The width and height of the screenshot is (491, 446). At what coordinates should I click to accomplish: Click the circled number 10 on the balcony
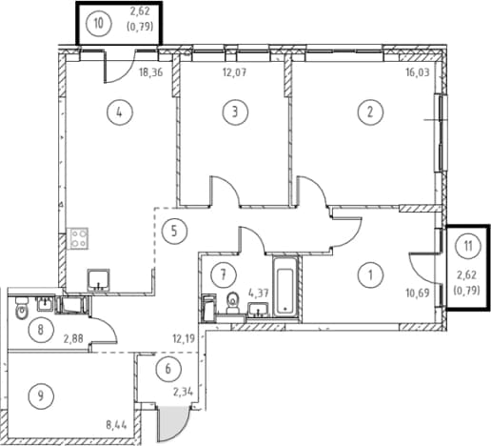click(x=98, y=23)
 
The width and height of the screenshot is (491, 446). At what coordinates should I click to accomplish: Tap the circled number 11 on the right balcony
click(x=468, y=246)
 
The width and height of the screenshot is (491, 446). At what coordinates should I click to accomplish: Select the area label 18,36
click(x=151, y=72)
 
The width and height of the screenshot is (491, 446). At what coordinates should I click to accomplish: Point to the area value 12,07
click(x=234, y=72)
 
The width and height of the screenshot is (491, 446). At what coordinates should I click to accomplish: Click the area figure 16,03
click(x=418, y=72)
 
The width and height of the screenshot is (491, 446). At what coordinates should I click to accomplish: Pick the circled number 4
click(x=120, y=111)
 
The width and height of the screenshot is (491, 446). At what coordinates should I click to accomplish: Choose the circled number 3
click(x=235, y=111)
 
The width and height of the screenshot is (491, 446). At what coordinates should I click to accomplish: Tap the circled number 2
click(x=370, y=111)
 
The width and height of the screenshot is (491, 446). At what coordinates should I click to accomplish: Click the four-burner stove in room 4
click(x=78, y=238)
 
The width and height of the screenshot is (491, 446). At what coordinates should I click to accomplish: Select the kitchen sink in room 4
click(x=99, y=280)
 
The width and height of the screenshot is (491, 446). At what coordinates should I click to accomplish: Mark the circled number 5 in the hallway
click(x=174, y=232)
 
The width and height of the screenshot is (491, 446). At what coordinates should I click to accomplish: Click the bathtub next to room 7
click(x=285, y=286)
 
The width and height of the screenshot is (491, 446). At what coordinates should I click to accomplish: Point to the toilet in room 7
click(x=233, y=303)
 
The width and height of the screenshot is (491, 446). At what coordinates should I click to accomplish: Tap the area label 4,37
click(x=259, y=294)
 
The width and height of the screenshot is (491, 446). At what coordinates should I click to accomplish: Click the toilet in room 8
click(x=22, y=308)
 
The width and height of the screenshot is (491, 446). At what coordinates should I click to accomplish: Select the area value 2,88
click(x=73, y=339)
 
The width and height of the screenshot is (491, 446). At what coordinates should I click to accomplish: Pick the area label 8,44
click(x=116, y=424)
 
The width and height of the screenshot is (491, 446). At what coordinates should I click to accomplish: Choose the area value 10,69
click(x=418, y=294)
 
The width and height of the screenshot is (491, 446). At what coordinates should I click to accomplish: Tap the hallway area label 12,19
click(x=184, y=339)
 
